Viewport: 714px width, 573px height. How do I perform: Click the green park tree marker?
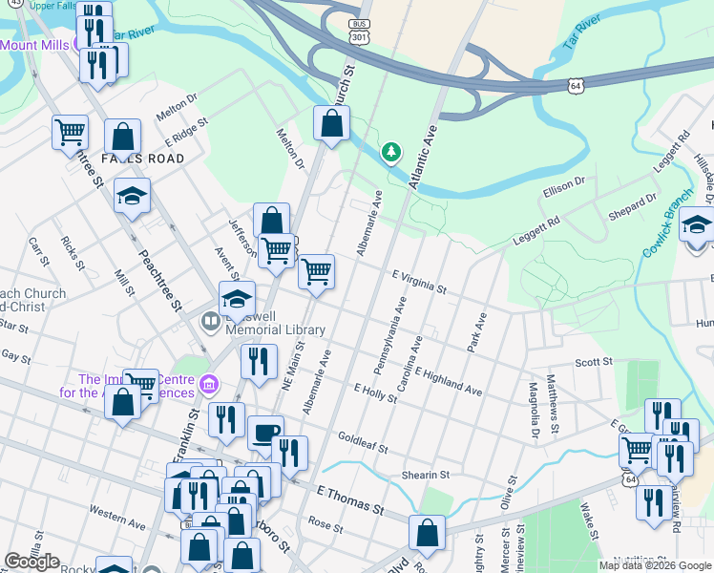pyautogui.click(x=389, y=153)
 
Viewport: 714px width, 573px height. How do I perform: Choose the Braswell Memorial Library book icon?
pyautogui.click(x=210, y=321)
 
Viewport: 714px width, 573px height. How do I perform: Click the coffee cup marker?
pyautogui.click(x=265, y=433)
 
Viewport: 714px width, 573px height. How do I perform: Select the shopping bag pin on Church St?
pyautogui.click(x=331, y=123)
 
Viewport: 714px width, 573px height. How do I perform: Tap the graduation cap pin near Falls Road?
pyautogui.click(x=133, y=197)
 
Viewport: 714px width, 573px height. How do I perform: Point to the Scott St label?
pyautogui.click(x=593, y=362)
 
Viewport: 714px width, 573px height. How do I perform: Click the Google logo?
pyautogui.click(x=31, y=562)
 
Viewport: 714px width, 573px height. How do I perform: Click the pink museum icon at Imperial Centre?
pyautogui.click(x=210, y=387)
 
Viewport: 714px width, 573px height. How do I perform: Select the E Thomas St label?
pyautogui.click(x=349, y=497)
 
